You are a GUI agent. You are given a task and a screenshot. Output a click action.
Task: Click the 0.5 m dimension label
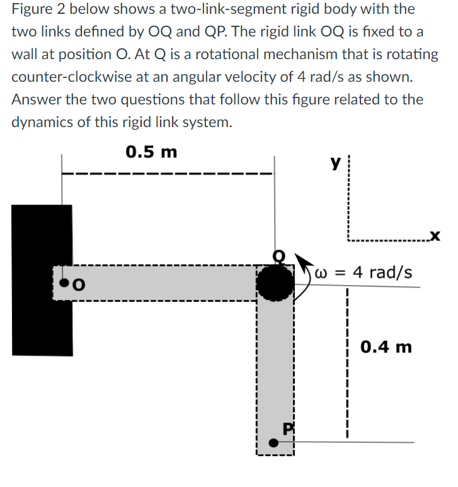click(x=151, y=152)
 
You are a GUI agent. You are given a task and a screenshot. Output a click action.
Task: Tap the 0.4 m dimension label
click(x=386, y=347)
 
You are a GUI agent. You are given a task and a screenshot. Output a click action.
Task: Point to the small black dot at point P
click(x=273, y=442)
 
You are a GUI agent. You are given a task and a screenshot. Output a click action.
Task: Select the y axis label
click(x=334, y=162)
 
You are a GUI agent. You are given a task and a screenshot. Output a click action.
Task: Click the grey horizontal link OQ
click(x=164, y=284)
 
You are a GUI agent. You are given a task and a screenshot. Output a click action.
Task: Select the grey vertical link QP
click(x=275, y=371)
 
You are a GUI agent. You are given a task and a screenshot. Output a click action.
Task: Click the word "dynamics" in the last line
click(x=44, y=122)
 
